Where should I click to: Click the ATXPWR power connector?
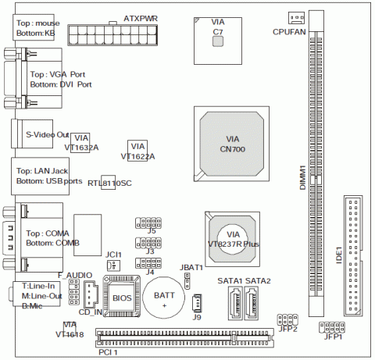(112, 35)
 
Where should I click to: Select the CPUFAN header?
(296, 18)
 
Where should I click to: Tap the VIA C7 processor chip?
(218, 41)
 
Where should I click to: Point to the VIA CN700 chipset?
(231, 144)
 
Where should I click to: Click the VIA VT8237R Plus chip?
(232, 239)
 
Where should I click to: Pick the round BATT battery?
(164, 298)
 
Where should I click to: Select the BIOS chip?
(122, 296)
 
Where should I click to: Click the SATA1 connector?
(235, 303)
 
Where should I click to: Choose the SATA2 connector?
(252, 303)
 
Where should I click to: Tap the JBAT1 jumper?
(187, 280)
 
